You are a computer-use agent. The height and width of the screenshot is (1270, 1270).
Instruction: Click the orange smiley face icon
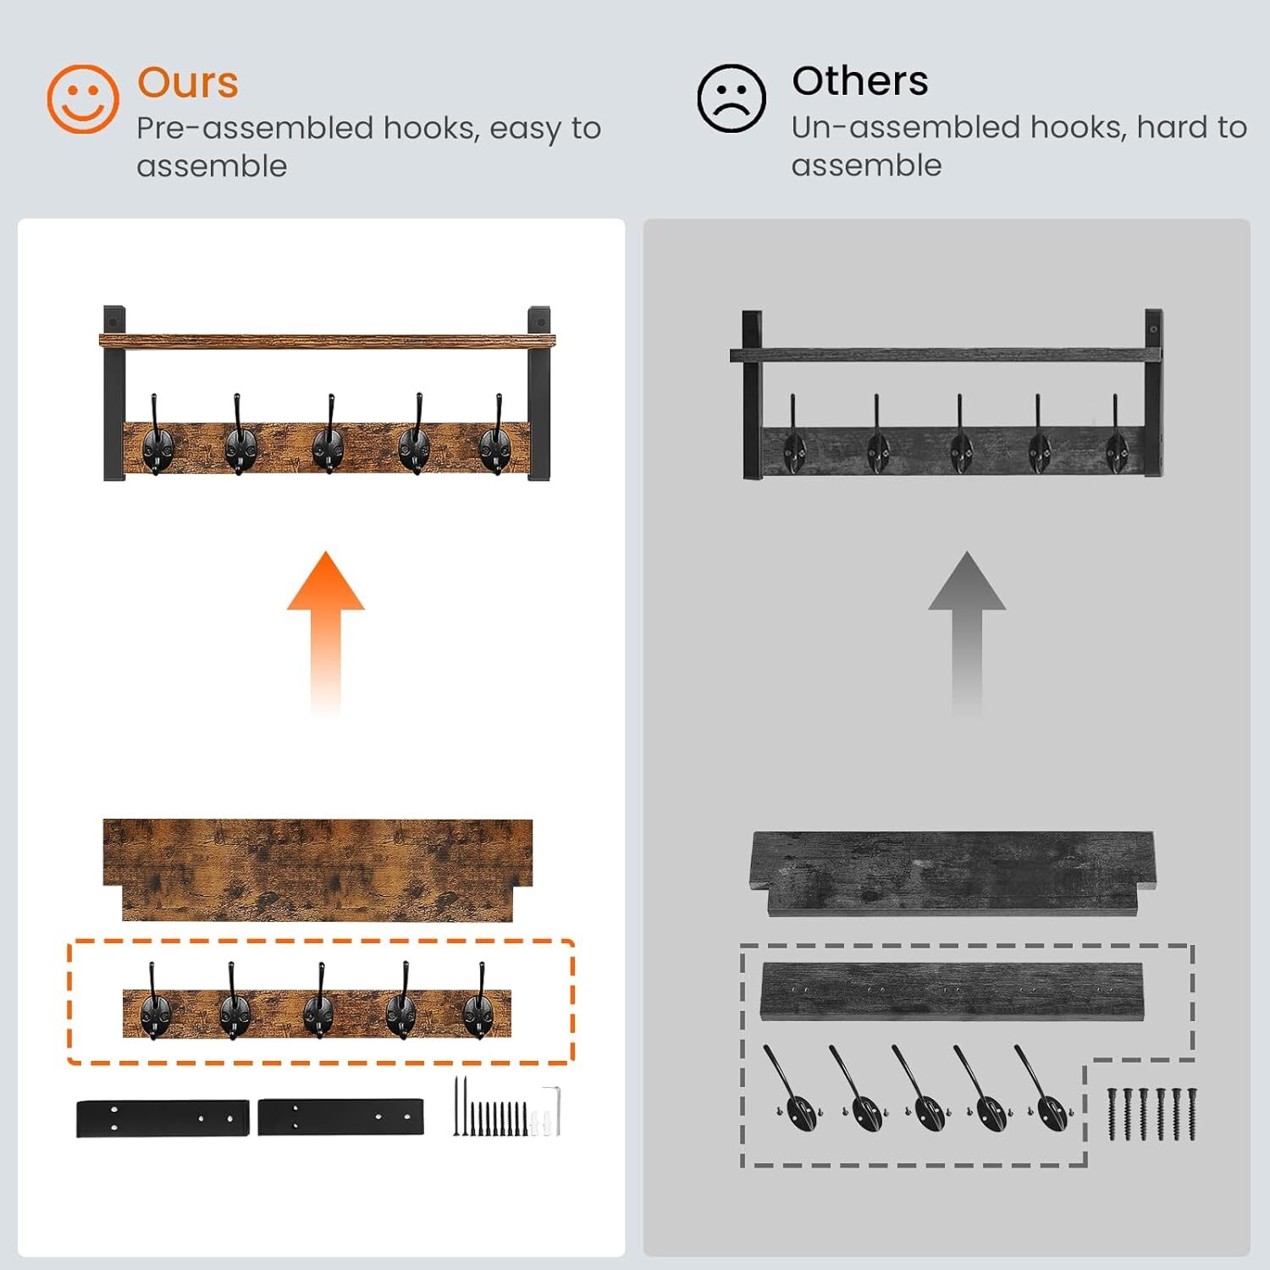coord(82,99)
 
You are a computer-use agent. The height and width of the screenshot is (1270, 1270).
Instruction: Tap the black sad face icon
coord(732,98)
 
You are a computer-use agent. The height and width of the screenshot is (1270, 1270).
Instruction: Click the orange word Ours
coord(188,83)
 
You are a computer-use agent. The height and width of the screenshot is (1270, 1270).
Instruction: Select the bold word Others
coord(860,81)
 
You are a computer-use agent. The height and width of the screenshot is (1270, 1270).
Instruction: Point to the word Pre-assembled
coord(255,129)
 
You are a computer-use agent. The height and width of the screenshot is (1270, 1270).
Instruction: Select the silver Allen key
coord(552,1111)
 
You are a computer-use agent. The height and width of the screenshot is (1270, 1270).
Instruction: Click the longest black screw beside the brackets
coord(456,1106)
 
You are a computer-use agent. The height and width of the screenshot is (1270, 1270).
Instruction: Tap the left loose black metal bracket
coord(163,1118)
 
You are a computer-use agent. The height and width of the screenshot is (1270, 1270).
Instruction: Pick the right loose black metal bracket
coord(340,1118)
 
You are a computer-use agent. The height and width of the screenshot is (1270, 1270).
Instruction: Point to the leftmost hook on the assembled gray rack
coord(794,435)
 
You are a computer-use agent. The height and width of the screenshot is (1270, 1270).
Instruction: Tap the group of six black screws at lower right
coord(1152,1113)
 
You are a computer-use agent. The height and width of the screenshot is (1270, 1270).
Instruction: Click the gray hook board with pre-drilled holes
coord(952,991)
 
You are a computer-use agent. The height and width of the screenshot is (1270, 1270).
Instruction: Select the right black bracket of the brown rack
coord(538,394)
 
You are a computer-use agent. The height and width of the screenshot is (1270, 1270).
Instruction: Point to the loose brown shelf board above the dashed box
coord(317,870)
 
